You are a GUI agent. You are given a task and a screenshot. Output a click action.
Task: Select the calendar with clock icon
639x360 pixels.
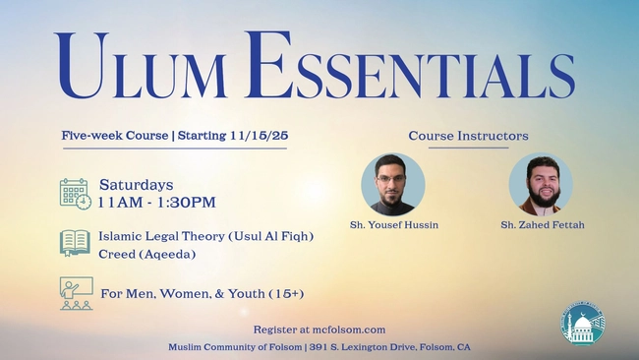(x=75, y=194)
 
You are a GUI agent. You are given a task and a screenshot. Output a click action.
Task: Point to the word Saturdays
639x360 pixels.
(x=136, y=185)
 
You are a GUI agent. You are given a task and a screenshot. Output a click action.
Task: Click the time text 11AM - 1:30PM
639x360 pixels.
(x=156, y=203)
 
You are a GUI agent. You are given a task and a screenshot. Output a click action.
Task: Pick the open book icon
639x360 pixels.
(x=75, y=242)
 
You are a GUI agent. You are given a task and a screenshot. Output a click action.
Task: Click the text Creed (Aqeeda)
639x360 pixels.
(x=146, y=254)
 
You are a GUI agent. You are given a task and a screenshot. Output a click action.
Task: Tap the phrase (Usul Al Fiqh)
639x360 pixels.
(x=269, y=236)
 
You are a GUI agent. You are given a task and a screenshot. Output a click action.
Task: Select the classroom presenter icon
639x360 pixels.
(x=76, y=293)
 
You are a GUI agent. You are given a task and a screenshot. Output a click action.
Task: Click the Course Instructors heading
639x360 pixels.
(x=468, y=136)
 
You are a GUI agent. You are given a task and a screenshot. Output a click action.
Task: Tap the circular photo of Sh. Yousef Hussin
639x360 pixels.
(x=393, y=184)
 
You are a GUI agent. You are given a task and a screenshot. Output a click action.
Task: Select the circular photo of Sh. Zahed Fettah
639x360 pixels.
(x=541, y=184)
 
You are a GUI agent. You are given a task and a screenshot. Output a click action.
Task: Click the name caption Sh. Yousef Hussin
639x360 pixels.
(x=394, y=225)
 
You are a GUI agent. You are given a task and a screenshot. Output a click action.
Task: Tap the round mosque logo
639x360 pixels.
(x=582, y=325)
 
